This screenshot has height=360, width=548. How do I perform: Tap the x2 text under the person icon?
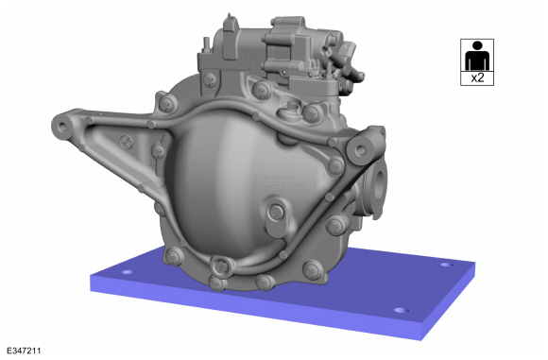pos(477,77)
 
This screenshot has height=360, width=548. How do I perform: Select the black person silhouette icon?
pos(477,56)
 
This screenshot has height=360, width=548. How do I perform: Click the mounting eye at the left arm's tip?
pos(62,127)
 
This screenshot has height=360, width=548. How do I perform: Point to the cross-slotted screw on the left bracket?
pos(127,142)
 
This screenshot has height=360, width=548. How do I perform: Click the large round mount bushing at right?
pos(361,150)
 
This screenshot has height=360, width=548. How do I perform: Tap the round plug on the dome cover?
pos(276,212)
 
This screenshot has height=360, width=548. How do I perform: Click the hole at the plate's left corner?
pos(128,271)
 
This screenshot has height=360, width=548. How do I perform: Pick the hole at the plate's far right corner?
pos(446,265)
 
